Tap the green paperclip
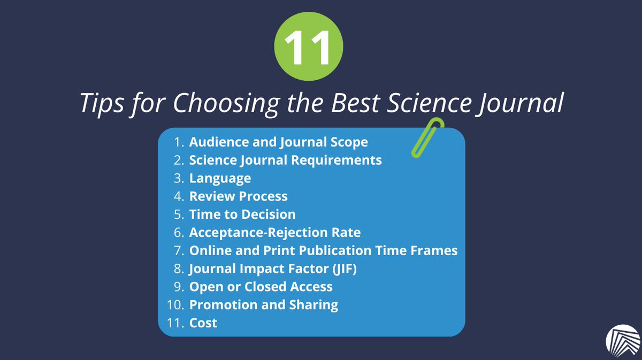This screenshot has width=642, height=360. coord(427,137)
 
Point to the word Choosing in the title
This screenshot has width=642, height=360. coord(219,103)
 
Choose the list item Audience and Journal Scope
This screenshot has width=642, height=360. coord(278,142)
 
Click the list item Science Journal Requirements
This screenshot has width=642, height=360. coord(285,160)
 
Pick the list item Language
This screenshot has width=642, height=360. coord(220,178)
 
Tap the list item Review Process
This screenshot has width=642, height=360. coord(238,196)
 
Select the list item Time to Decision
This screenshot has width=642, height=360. coord(242,215)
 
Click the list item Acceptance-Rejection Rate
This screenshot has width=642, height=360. coord(274,233)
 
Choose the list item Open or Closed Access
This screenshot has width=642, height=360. coord(261,287)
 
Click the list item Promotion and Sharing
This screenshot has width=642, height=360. coord(263,305)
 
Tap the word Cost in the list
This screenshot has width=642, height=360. coord(203,323)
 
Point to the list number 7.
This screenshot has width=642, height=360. coord(178,250)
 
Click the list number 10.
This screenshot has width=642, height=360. coord(175,305)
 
